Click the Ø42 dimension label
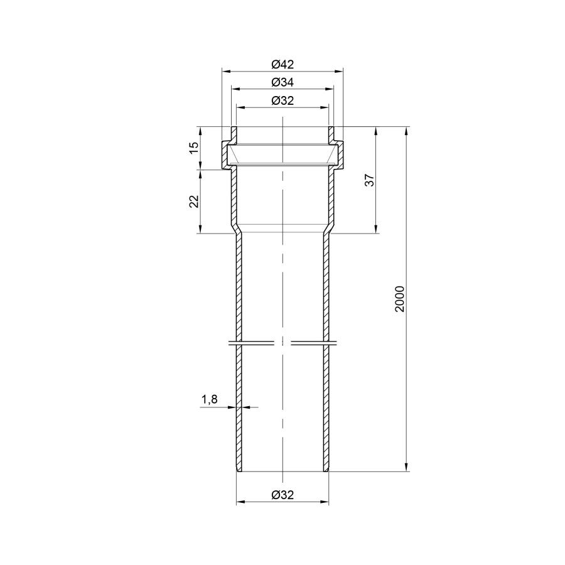[x=282, y=65]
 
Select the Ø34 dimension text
[x=282, y=82]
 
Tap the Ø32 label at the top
[x=282, y=100]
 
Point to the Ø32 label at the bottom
[x=282, y=495]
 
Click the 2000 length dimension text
[x=400, y=299]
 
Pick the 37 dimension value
[x=370, y=180]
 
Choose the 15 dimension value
[x=194, y=148]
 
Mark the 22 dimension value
[x=194, y=202]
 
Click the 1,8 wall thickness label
[x=209, y=399]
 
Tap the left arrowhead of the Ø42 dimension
[x=225, y=71]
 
